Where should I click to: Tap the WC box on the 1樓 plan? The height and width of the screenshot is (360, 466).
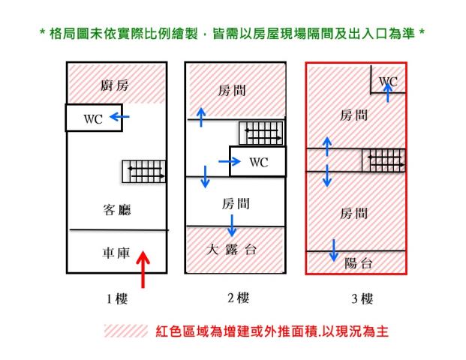[94, 118]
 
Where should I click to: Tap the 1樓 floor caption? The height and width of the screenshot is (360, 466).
[116, 298]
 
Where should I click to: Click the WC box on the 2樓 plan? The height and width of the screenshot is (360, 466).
[257, 161]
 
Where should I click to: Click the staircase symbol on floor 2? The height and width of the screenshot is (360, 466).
[260, 133]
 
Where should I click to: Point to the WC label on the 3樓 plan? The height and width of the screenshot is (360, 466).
[388, 81]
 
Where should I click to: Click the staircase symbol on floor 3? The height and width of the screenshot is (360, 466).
[384, 160]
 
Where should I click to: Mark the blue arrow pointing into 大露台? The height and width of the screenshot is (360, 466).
[232, 223]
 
